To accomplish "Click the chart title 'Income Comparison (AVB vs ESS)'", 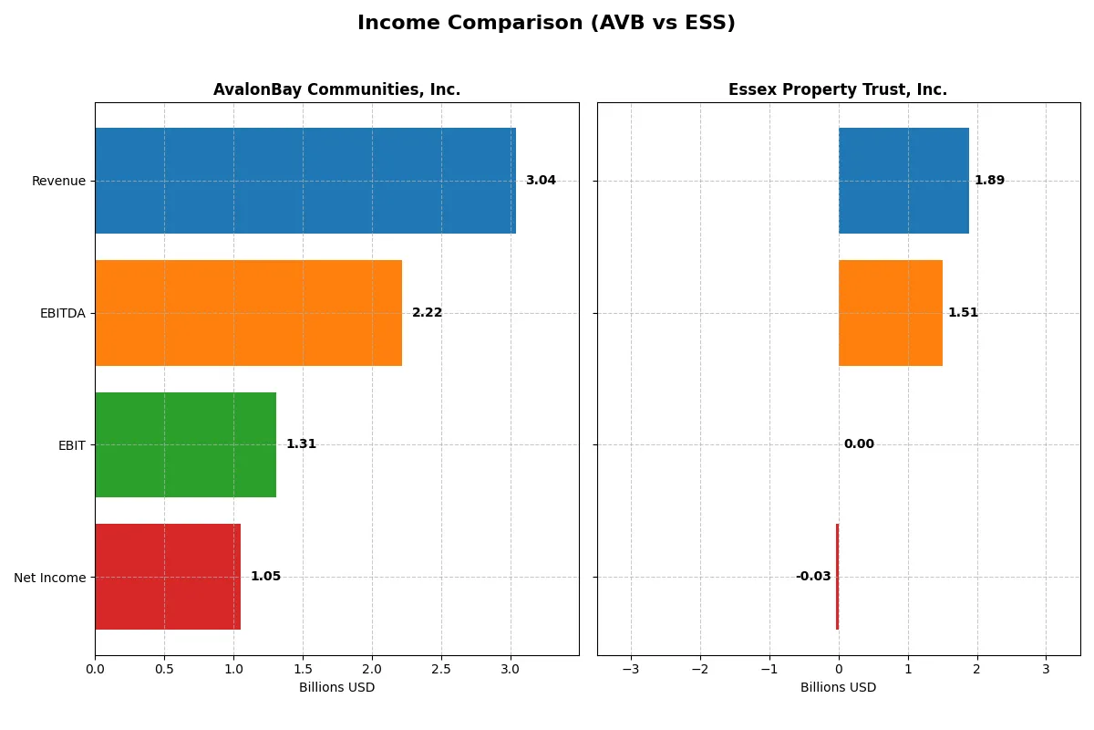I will (x=546, y=24).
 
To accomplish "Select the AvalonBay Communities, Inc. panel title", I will (x=336, y=89).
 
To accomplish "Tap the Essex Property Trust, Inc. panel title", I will (x=837, y=89).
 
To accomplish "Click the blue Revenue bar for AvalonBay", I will (x=305, y=181).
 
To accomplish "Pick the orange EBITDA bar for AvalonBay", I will (x=248, y=313).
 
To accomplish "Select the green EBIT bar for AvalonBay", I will (x=185, y=444).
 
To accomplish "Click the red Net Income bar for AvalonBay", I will (x=168, y=577).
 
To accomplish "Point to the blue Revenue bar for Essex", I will (x=903, y=181).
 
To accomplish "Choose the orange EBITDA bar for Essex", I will (x=891, y=313).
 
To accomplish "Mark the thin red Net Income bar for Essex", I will (x=837, y=577).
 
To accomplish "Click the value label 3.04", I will (x=541, y=181).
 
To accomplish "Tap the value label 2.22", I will (x=427, y=313).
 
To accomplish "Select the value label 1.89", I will (x=989, y=181).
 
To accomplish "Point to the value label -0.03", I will (x=812, y=577).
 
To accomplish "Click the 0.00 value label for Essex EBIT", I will (x=858, y=444).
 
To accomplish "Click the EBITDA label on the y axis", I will (x=62, y=313).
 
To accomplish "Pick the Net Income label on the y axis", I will (x=50, y=577).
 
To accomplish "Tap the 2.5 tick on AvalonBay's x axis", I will (x=441, y=669).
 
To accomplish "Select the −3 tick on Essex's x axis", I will (x=631, y=669).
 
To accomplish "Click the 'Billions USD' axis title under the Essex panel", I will (x=838, y=687).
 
